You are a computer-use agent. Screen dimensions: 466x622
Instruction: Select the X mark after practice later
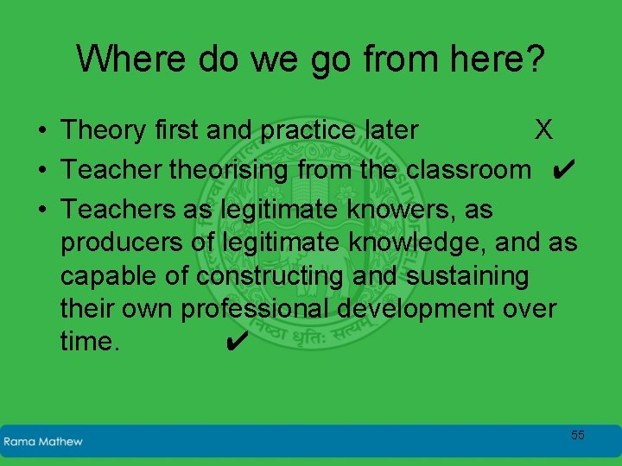tap(543, 130)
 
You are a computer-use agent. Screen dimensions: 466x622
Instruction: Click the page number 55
tap(577, 435)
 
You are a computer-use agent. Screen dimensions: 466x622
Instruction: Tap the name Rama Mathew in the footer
tap(43, 442)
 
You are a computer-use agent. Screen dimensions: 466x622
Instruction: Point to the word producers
tap(123, 243)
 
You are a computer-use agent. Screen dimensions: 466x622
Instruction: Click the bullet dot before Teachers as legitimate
tap(41, 210)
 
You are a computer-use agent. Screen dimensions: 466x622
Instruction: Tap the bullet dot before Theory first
tap(41, 131)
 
